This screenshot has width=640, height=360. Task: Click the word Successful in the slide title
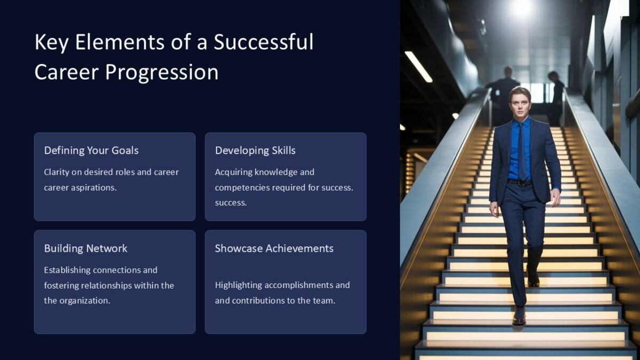[263, 42]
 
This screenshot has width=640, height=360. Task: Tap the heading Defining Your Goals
[91, 150]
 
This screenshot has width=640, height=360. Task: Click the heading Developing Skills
[255, 150]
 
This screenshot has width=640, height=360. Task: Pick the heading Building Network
[85, 249]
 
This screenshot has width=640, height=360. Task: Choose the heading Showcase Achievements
[274, 249]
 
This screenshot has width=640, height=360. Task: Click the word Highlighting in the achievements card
[238, 285]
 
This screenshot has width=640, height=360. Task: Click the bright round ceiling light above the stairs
[521, 7]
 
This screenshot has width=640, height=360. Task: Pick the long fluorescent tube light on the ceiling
[418, 67]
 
